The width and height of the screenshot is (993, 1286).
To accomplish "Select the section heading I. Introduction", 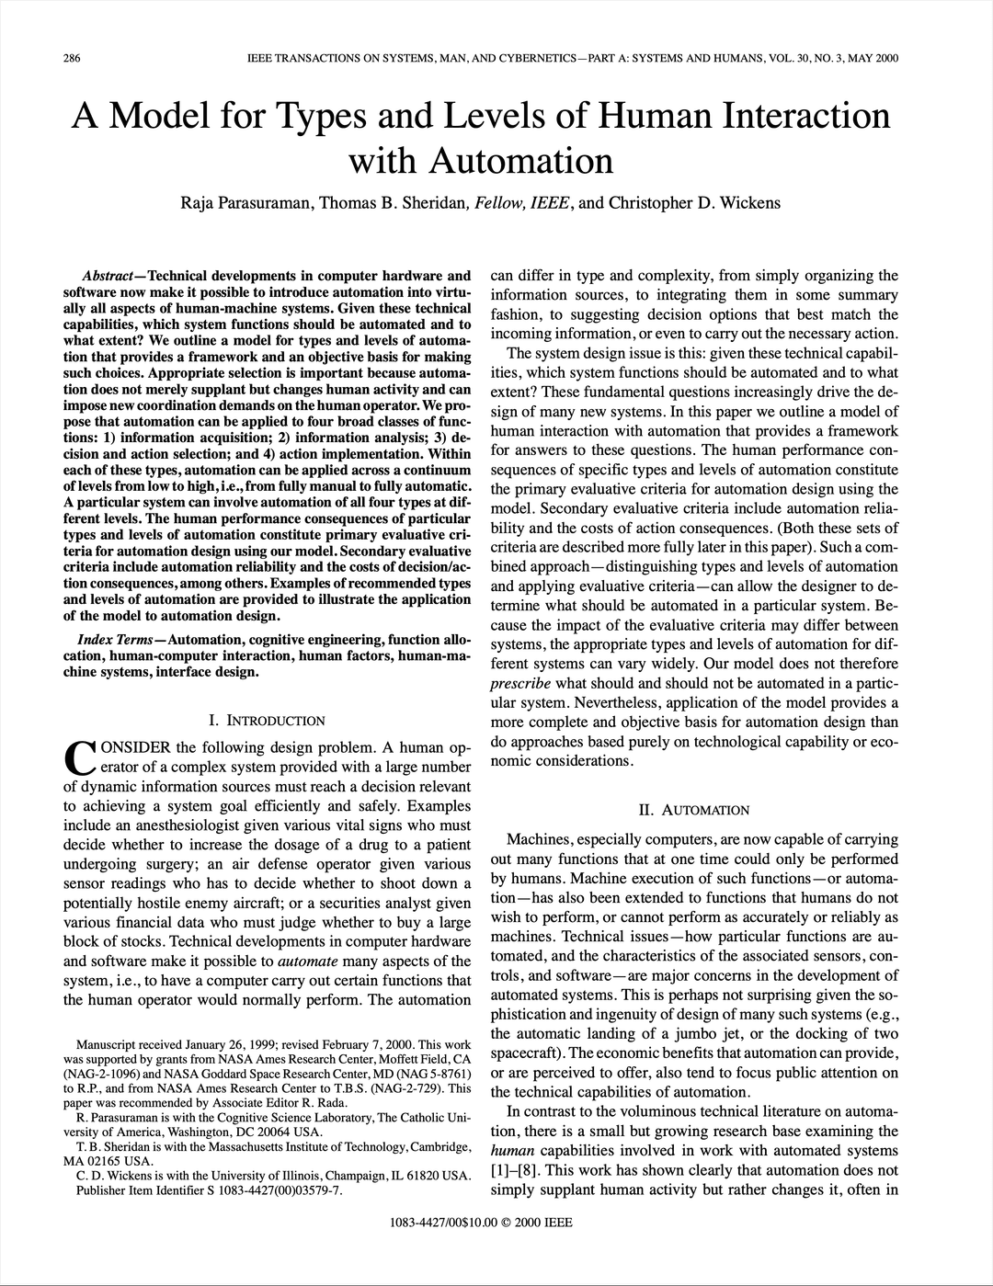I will pos(267,721).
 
